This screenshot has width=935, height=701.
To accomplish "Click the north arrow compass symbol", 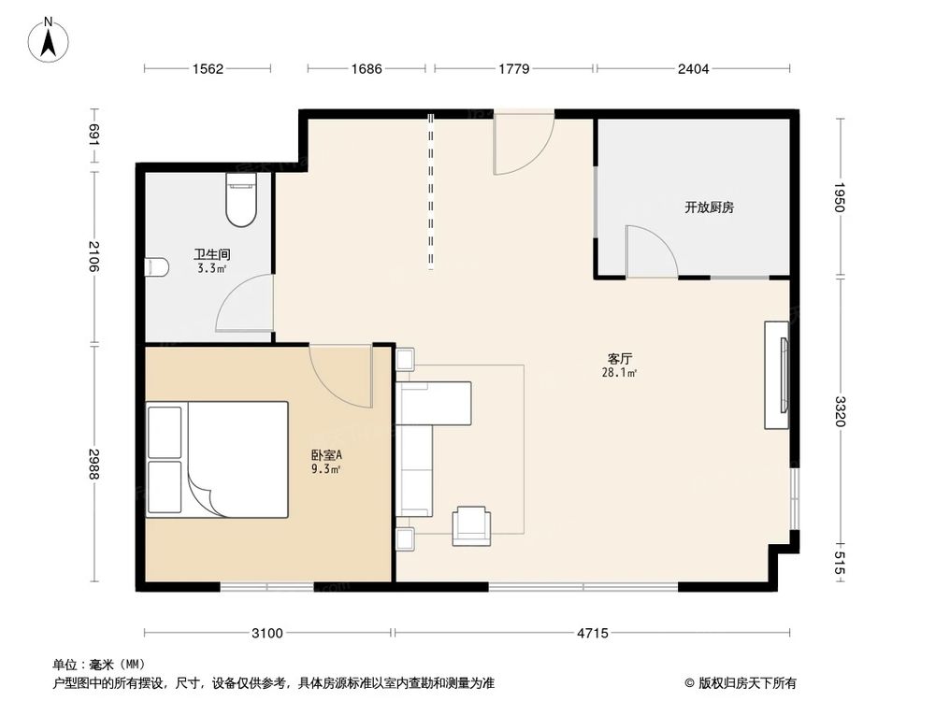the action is coord(49,40).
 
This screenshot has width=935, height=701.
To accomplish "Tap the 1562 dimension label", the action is coord(208,68).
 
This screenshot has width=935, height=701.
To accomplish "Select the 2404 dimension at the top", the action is coord(694,68).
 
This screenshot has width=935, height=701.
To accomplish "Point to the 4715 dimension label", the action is coord(592,633).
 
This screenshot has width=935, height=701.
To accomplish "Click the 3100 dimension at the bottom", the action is coord(267,633).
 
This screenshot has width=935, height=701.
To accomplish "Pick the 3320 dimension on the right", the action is coord(840,411).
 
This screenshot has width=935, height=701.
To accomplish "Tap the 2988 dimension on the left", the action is coord(93,464).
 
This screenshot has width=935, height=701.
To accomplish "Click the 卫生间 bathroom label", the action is coord(212,254).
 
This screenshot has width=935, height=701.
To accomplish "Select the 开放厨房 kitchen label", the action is coord(709,207).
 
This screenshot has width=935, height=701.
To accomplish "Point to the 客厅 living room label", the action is coord(620,359).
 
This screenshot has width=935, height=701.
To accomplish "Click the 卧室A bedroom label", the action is coord(326,455).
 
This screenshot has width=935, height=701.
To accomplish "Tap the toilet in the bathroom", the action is coord(241,199).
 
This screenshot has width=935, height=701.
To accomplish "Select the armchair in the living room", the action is coord(471,525).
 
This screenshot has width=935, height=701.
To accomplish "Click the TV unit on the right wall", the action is coord(776,375).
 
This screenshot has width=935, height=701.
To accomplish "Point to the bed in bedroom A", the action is coord(218,459).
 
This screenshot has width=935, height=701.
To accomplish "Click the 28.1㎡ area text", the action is coord(620,373).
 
